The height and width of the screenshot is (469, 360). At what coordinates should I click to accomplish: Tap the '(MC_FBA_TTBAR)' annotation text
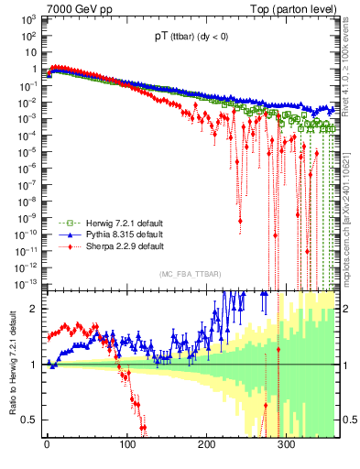190,275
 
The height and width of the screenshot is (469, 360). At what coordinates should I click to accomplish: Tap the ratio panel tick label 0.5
28,420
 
